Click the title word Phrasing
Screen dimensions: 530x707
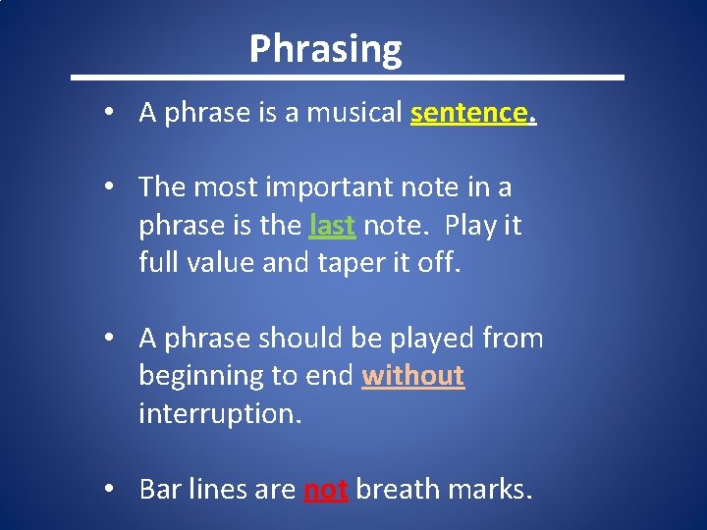(325, 48)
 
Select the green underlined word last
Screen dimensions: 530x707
(332, 226)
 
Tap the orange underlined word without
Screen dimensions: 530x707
(412, 376)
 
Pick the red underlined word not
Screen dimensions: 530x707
(326, 489)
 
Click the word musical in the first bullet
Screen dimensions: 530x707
(354, 113)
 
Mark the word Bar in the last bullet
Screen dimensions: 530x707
(159, 489)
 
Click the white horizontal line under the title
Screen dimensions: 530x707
(348, 77)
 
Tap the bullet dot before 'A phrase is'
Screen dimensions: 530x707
(117, 114)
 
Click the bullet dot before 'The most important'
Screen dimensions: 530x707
(117, 187)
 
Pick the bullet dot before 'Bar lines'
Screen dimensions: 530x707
(117, 490)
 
